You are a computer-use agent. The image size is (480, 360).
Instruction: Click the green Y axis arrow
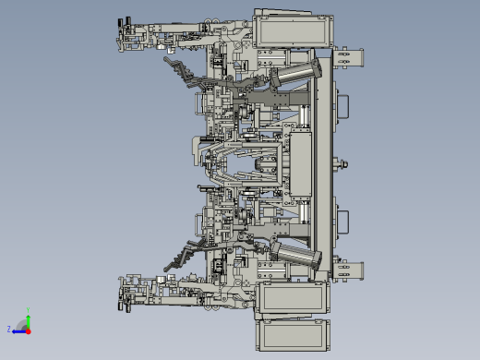tap(28, 320)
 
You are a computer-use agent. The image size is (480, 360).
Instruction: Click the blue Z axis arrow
tap(18, 329)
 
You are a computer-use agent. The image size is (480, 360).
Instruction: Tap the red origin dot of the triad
tap(28, 330)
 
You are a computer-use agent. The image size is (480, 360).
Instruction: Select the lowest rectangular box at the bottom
tap(292, 333)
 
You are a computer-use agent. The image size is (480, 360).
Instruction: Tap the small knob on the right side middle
tap(346, 165)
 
